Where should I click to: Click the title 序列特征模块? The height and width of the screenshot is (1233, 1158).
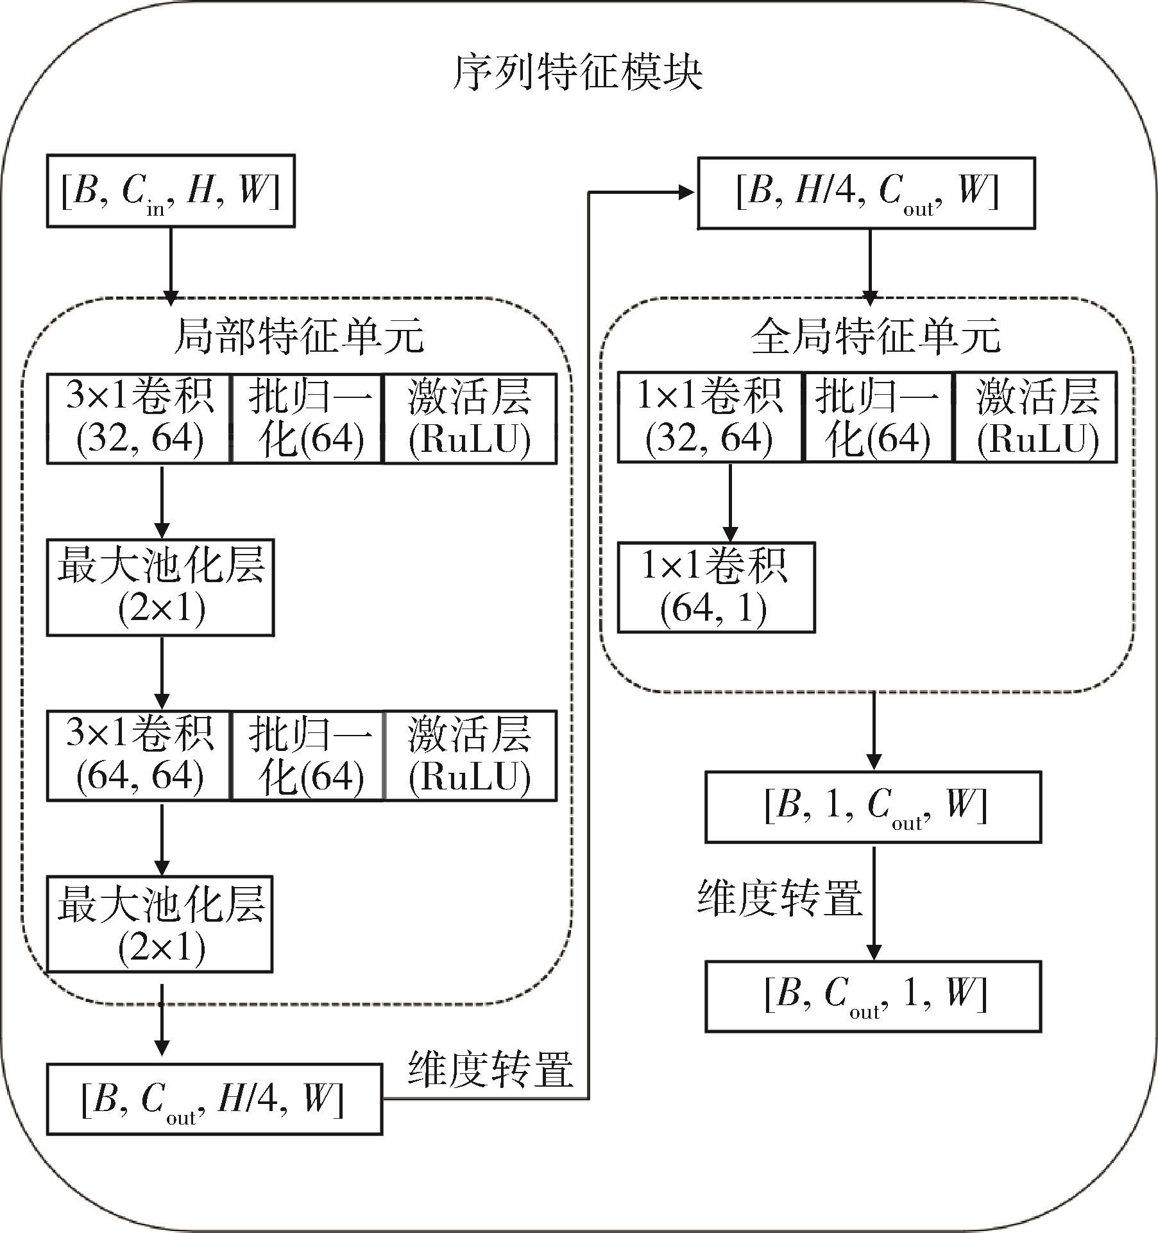point(577,73)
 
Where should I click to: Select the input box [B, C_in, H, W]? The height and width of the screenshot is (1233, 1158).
point(171,191)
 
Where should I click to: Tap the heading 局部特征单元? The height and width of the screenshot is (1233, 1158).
point(298,336)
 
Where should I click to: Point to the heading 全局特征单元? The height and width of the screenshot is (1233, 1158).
point(875,336)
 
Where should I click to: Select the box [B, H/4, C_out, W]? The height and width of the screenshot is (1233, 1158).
point(866,193)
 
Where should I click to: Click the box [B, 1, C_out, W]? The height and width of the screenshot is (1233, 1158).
point(873,807)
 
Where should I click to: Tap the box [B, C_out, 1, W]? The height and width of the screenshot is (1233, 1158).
point(873,996)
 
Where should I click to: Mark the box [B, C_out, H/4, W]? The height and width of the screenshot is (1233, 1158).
point(214,1099)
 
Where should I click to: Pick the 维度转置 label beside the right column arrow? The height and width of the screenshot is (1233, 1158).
point(780,898)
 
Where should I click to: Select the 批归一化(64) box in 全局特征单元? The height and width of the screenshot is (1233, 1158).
point(878,417)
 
